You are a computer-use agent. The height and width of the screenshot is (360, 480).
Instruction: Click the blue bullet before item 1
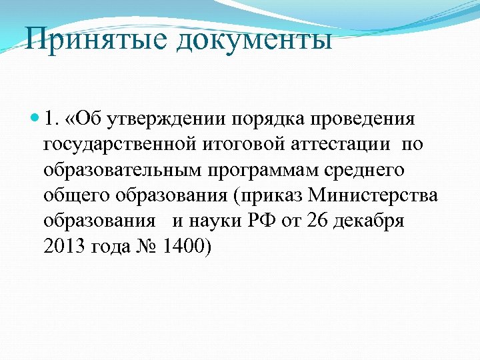point(34,120)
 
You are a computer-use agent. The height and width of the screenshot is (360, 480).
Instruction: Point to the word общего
point(75,196)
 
